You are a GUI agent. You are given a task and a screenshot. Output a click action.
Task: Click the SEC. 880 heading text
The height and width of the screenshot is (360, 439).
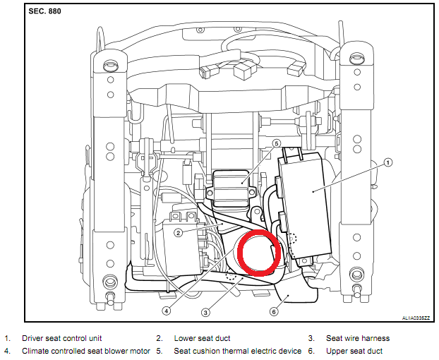[45, 13]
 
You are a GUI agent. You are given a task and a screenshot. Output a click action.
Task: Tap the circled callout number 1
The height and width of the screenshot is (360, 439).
[387, 162]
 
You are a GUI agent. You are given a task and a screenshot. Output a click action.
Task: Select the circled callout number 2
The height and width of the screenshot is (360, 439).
[179, 232]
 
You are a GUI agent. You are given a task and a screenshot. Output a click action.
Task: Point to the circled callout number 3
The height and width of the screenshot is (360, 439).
[206, 312]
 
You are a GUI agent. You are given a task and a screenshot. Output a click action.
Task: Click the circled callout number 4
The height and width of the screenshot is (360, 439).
[167, 310]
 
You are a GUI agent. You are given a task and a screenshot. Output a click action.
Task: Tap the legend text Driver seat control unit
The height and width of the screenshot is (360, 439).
[63, 339]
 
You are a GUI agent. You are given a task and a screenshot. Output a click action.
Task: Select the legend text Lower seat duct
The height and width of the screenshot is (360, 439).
[202, 339]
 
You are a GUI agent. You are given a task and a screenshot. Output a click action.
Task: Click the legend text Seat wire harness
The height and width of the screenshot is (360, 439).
[352, 339]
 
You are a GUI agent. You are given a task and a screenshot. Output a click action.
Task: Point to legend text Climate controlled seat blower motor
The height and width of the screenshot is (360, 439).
[85, 351]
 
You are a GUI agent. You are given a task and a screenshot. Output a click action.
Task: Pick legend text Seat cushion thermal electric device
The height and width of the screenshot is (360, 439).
[237, 351]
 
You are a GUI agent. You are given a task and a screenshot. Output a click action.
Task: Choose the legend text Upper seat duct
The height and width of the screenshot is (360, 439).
[353, 351]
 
